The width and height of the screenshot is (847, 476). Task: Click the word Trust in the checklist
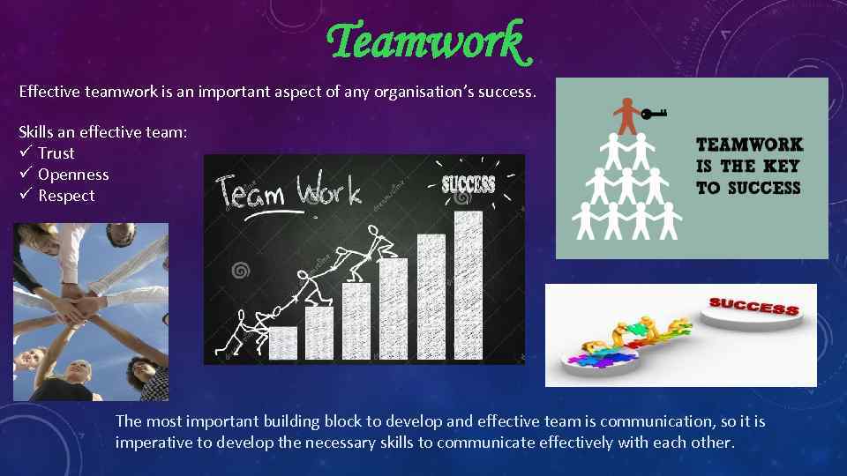point(56,153)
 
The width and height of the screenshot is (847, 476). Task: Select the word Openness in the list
point(73,175)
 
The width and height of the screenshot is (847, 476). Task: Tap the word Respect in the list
point(66,196)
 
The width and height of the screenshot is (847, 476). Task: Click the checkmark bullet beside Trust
point(26,152)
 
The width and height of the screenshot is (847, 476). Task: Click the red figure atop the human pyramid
point(626,115)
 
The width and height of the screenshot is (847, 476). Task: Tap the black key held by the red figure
point(654,113)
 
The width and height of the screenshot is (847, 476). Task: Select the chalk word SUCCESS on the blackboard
point(468,184)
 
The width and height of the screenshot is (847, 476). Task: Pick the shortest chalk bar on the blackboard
point(282,343)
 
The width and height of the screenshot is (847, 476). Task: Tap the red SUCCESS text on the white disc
point(753,307)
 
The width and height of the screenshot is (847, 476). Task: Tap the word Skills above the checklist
point(37,132)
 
